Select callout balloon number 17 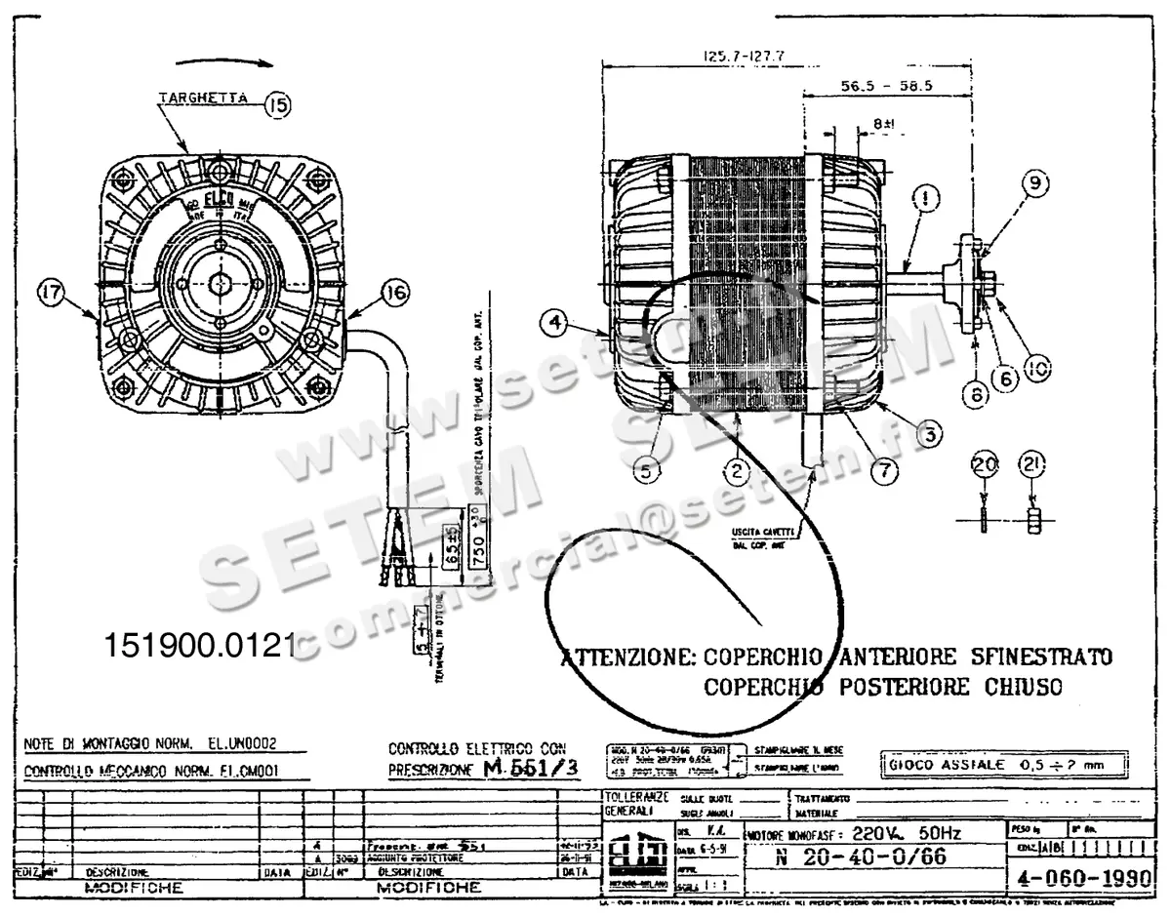tap(51, 291)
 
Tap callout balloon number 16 tap(394, 291)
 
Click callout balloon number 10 tap(1040, 368)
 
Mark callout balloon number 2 tap(739, 471)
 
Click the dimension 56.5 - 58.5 tap(887, 86)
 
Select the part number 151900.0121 tap(199, 646)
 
